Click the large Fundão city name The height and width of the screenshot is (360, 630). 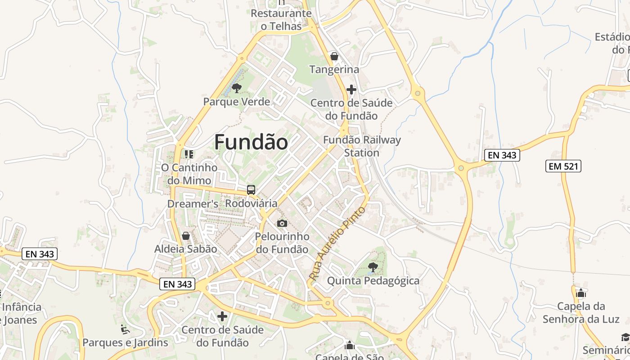(251, 142)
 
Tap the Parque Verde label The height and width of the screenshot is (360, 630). (237, 102)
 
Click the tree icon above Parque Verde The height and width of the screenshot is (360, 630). (236, 88)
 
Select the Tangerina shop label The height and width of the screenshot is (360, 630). (334, 69)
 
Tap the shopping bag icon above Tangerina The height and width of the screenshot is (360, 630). (334, 56)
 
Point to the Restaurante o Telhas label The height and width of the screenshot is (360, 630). (281, 19)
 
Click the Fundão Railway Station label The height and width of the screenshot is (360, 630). (362, 146)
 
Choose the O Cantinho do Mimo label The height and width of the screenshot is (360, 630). (189, 174)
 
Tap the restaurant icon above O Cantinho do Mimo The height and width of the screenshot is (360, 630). (189, 154)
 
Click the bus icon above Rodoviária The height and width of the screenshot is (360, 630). (251, 190)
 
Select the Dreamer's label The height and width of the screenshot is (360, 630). (193, 204)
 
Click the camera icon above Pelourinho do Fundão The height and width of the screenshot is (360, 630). (282, 223)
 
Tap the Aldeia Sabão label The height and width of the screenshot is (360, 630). (185, 249)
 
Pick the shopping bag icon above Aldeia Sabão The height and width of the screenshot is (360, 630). (185, 236)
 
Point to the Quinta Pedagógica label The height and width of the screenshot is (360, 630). (373, 281)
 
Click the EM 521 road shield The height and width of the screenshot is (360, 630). (564, 166)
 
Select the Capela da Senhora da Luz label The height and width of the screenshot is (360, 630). (581, 313)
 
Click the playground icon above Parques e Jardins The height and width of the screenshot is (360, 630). (125, 329)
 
